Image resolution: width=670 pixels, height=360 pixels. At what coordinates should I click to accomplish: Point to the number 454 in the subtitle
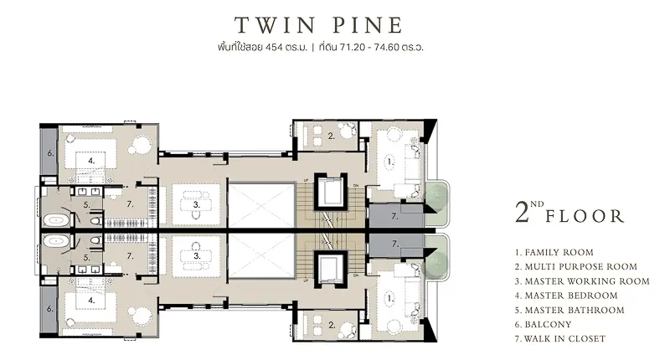click(x=274, y=48)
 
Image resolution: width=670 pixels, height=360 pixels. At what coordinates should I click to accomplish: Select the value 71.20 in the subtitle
click(x=353, y=48)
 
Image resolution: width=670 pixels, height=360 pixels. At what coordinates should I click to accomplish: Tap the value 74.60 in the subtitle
click(x=386, y=48)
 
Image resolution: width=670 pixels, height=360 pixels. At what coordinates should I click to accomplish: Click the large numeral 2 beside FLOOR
click(x=522, y=213)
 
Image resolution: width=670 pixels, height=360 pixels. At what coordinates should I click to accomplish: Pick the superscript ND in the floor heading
click(x=537, y=204)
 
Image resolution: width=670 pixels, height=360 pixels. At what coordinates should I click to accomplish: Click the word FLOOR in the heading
click(x=585, y=216)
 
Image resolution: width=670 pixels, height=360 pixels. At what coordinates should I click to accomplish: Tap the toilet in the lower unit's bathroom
click(x=96, y=240)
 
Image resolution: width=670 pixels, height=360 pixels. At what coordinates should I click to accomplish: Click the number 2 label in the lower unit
click(x=332, y=325)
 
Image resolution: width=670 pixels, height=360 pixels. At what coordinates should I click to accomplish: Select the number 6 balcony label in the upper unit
click(x=50, y=153)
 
